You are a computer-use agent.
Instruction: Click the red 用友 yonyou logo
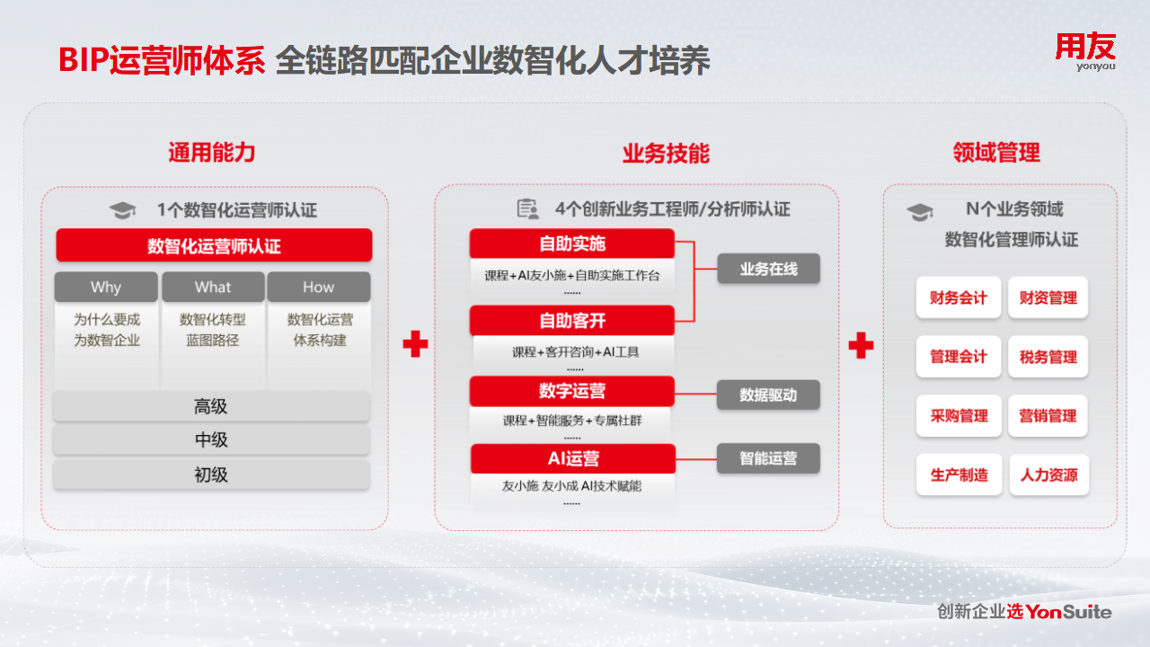point(1085,52)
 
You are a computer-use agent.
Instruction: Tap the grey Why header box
point(106,287)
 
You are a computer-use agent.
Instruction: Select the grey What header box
point(213,287)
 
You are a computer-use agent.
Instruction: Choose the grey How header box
point(319,287)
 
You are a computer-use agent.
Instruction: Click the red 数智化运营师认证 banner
point(214,245)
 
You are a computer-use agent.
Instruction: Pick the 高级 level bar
point(211,406)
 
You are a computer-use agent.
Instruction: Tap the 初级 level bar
point(211,474)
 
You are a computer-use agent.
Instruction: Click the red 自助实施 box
point(572,244)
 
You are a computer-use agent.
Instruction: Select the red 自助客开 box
point(572,321)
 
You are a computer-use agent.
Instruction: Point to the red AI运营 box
point(573,458)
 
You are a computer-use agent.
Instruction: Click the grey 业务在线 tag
point(768,269)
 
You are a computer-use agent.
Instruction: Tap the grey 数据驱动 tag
point(768,394)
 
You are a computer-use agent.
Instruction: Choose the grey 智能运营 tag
point(768,457)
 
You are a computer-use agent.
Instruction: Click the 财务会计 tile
point(959,297)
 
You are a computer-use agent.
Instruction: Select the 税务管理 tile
point(1048,357)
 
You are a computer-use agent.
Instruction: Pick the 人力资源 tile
point(1048,474)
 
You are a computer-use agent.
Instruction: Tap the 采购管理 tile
point(959,415)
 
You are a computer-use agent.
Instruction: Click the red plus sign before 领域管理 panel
point(861,344)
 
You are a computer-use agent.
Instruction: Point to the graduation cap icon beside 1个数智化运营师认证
point(122,210)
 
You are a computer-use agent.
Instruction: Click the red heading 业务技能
point(666,154)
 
